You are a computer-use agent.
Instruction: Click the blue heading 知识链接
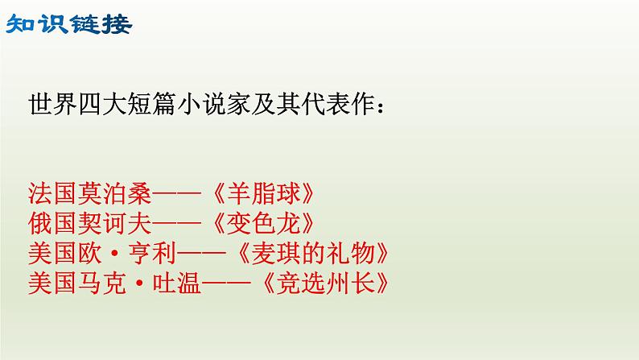tap(68, 25)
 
